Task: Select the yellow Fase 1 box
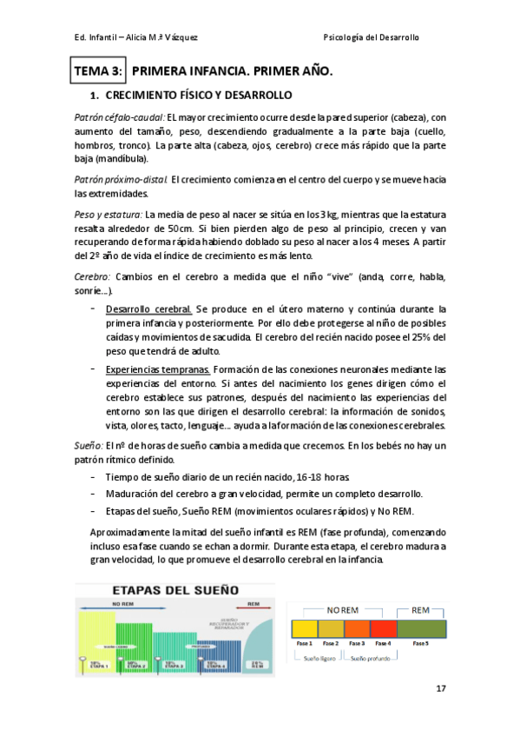pyautogui.click(x=305, y=627)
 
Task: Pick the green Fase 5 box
pyautogui.click(x=421, y=627)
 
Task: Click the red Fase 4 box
pyautogui.click(x=382, y=627)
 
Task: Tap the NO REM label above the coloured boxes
pyautogui.click(x=343, y=610)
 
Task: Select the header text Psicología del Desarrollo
pyautogui.click(x=371, y=38)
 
